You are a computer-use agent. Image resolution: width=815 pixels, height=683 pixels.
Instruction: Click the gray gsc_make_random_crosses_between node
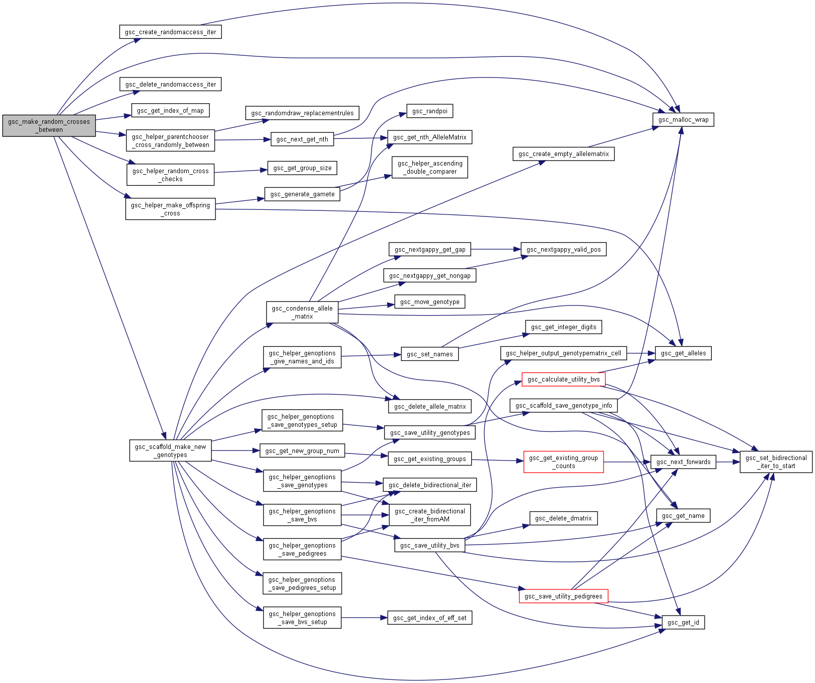coord(49,125)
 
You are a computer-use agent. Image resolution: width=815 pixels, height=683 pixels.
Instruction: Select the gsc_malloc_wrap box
coord(683,119)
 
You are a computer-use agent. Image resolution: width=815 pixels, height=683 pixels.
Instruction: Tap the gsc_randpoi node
coord(429,111)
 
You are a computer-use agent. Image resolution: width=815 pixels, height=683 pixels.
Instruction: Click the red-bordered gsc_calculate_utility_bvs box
coord(563,379)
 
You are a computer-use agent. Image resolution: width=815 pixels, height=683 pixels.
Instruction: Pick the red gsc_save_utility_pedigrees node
coord(563,596)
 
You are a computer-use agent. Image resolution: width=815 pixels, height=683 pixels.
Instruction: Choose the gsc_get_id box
coord(683,622)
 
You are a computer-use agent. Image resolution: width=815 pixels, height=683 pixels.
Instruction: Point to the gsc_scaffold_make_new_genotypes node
coord(170,450)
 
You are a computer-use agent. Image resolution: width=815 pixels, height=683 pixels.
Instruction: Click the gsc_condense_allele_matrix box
coord(302,312)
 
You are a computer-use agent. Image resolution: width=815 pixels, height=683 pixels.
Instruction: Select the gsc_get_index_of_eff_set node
coord(429,618)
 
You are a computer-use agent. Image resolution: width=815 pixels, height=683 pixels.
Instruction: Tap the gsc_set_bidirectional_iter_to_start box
coord(776,462)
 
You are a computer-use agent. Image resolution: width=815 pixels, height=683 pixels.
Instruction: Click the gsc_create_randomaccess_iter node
coord(170,32)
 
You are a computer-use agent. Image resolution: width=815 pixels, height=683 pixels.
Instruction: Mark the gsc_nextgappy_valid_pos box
coord(563,249)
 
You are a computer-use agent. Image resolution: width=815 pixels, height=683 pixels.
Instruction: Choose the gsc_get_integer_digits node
coord(563,327)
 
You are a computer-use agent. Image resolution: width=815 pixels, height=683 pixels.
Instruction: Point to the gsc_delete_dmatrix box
coord(563,518)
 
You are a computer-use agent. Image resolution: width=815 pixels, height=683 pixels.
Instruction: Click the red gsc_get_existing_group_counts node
coord(563,462)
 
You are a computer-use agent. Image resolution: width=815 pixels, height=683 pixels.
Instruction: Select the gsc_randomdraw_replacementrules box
coord(302,113)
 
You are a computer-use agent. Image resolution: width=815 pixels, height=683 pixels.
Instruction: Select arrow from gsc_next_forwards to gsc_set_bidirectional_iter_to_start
coord(728,462)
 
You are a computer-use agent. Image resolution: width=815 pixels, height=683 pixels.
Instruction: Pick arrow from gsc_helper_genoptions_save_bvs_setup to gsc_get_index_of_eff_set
coord(364,618)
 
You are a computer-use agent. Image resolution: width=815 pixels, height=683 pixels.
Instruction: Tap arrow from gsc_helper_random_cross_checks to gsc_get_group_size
coord(241,171)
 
